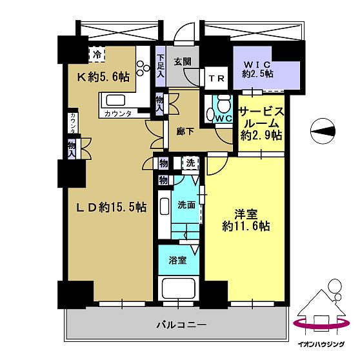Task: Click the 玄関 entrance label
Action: [x=182, y=62]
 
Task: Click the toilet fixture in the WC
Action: [x=222, y=105]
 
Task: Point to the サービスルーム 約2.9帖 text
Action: [x=261, y=123]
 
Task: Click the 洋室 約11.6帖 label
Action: [x=243, y=219]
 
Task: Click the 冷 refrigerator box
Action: [x=97, y=54]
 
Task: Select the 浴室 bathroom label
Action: [x=178, y=261]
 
